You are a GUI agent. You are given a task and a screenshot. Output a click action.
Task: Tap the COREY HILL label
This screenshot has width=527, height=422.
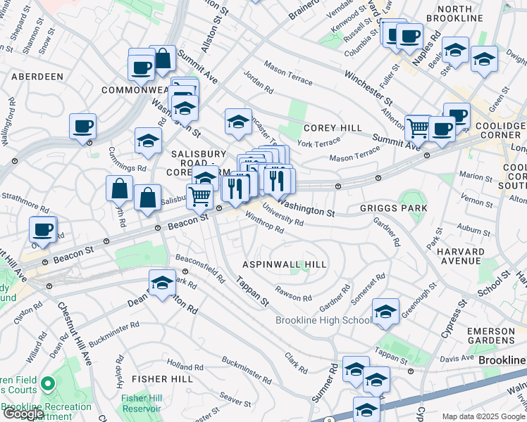coord(333,128)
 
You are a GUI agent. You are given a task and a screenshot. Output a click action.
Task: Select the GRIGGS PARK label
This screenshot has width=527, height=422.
coord(393,209)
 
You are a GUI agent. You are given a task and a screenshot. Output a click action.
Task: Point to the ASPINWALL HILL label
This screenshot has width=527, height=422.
coord(285,264)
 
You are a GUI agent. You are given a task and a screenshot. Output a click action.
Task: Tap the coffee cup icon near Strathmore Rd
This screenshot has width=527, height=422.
coord(43,230)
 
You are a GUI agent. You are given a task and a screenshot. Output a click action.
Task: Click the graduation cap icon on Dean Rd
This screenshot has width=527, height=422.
coord(162,283)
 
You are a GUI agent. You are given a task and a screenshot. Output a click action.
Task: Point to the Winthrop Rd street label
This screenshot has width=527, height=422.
coord(264,223)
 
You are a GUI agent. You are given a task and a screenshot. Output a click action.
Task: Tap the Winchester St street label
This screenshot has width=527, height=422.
coord(368,86)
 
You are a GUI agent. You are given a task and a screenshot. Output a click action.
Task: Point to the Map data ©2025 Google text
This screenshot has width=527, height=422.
coord(483,416)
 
